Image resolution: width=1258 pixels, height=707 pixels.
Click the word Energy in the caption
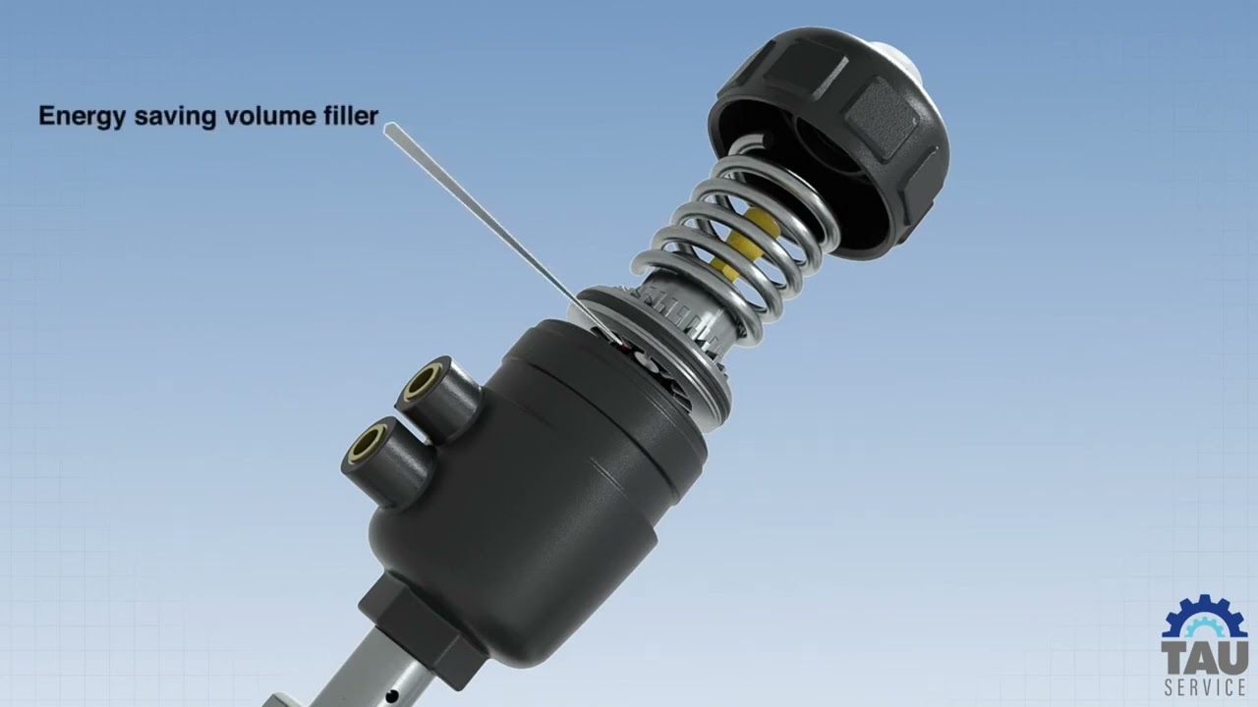(82, 117)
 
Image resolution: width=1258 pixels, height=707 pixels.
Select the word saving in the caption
(175, 117)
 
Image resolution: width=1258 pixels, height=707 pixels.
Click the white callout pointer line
(501, 235)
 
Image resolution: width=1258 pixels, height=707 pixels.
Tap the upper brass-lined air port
(423, 382)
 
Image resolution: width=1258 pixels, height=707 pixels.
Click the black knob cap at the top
(830, 140)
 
